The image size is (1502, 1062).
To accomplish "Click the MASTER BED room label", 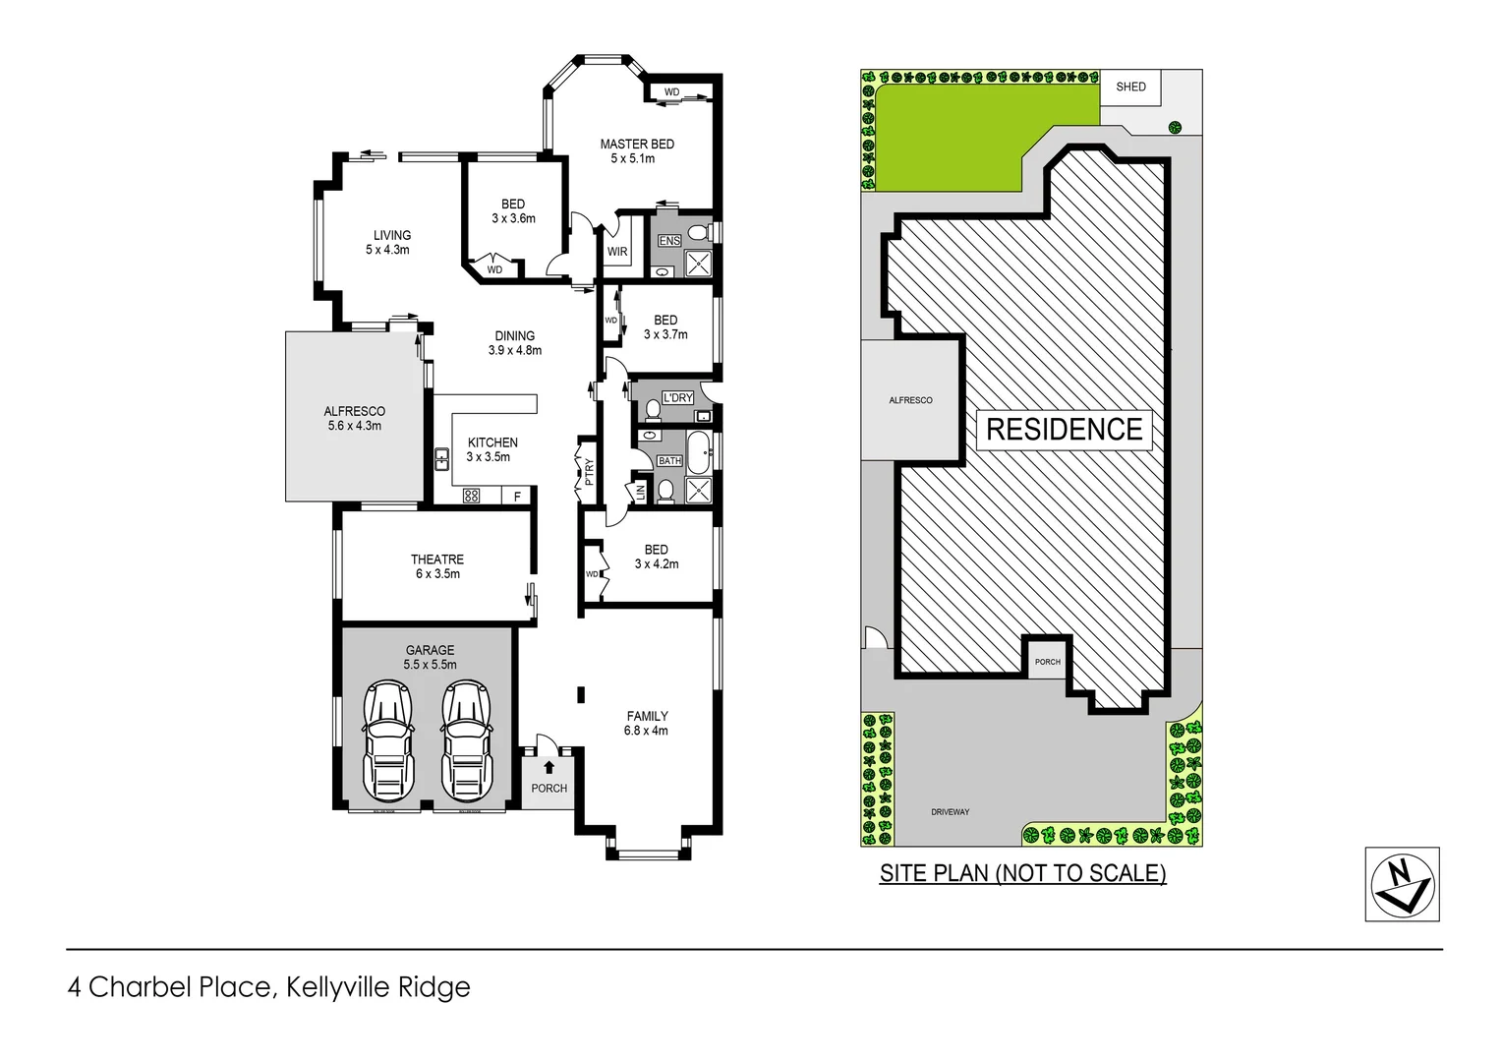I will click(x=637, y=150).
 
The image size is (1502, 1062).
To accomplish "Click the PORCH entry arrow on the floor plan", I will click(x=549, y=767).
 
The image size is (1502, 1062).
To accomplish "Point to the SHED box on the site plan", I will click(x=1130, y=88).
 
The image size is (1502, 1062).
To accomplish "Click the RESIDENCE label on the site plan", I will click(x=1064, y=430).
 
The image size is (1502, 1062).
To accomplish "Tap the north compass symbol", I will click(x=1402, y=884).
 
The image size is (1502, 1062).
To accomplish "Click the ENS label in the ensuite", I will click(x=669, y=241).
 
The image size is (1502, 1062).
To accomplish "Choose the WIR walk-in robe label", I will click(x=616, y=252).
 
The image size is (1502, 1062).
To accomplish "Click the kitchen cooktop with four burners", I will click(x=471, y=496).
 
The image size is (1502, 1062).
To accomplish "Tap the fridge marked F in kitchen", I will click(x=518, y=497).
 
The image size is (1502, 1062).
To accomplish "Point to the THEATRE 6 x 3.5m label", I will click(x=436, y=566).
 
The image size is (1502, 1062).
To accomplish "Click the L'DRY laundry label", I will click(x=677, y=398).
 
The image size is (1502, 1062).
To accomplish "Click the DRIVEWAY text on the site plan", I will click(x=950, y=812).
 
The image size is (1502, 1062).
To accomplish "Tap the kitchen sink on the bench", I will click(x=442, y=458).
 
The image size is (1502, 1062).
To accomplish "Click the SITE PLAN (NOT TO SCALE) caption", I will click(x=1022, y=873).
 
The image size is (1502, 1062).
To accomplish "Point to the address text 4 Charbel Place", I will click(x=268, y=987).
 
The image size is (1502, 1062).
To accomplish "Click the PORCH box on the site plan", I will click(x=1048, y=662).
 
